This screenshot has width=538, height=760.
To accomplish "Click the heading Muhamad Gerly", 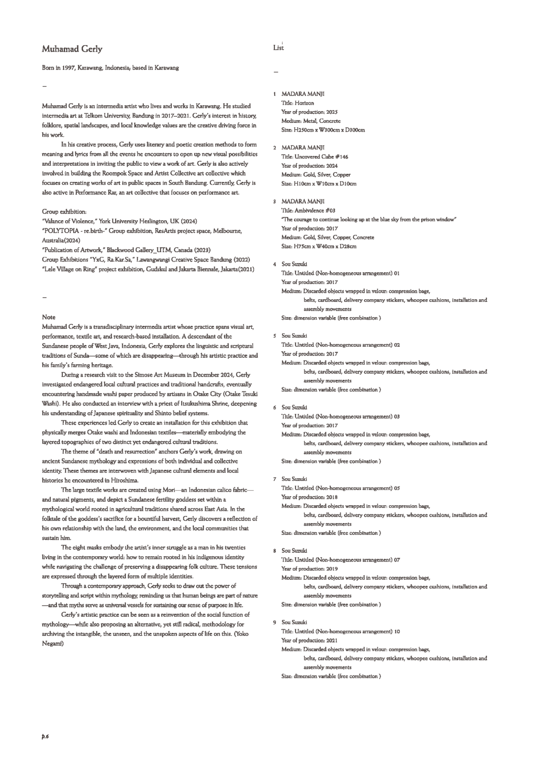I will click(x=72, y=49).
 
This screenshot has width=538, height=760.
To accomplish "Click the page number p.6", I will click(x=45, y=737).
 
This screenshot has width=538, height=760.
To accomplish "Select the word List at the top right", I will click(x=278, y=47).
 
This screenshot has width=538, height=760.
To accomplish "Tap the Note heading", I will click(x=49, y=317).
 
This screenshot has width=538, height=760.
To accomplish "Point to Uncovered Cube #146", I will click(x=321, y=157).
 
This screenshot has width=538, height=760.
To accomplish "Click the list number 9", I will click(x=275, y=623).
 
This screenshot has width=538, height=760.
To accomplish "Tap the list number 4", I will click(x=275, y=264).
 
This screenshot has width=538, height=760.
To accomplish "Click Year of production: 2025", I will click(x=309, y=112).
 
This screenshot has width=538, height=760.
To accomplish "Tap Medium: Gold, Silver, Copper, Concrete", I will click(x=327, y=237).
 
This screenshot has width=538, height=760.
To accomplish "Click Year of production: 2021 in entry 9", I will click(x=309, y=640).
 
